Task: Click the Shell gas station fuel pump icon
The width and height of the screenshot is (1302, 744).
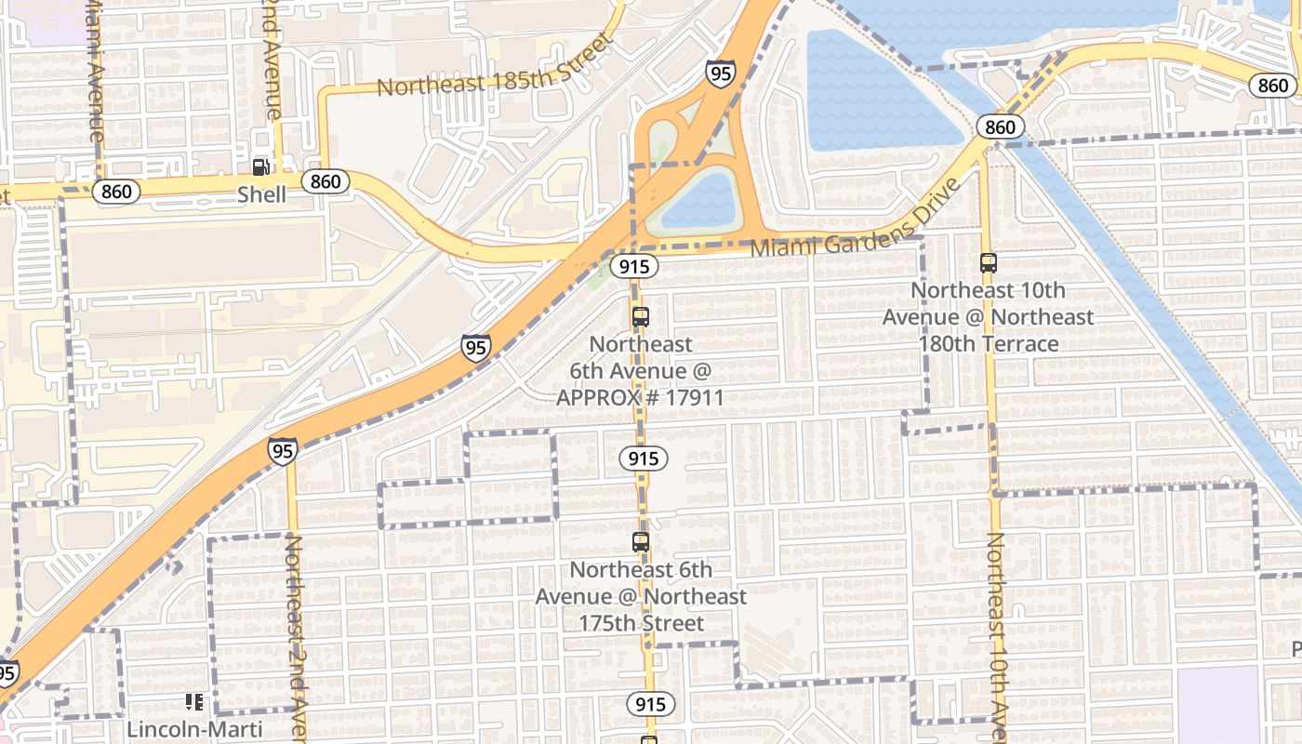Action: point(260,167)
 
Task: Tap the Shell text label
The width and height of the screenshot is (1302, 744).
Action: point(261,195)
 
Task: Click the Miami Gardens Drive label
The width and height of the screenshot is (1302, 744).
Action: point(854,220)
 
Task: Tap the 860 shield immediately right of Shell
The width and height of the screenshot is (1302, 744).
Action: point(325,180)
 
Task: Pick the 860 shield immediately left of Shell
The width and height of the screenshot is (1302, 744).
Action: point(117,192)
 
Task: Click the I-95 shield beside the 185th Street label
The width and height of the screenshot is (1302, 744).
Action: point(720,73)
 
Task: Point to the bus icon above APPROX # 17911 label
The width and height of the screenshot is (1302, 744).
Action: point(640,316)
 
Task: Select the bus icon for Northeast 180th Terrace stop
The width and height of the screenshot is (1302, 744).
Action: point(988,263)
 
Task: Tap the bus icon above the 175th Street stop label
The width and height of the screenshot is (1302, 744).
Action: point(640,542)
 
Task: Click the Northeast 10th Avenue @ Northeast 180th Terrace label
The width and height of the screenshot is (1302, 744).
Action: point(988,317)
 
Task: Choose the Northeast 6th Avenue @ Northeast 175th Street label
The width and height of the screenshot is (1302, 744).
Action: point(641,596)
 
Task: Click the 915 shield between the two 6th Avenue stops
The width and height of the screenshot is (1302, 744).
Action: point(643,458)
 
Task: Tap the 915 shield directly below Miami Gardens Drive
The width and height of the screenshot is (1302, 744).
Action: point(634,267)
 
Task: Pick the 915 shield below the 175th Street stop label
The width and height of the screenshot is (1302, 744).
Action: point(651,704)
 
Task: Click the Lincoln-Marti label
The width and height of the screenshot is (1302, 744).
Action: point(194,729)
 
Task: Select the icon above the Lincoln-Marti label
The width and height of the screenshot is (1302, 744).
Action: point(194,702)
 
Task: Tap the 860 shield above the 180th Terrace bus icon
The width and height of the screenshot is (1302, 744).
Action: point(1001,126)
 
